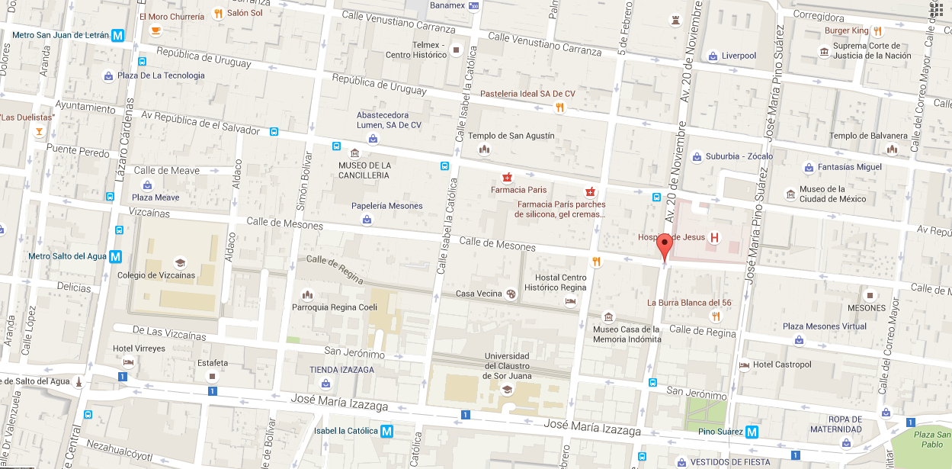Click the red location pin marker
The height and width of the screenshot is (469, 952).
click(x=665, y=248)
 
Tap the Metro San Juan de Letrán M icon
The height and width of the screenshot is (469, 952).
click(x=117, y=35)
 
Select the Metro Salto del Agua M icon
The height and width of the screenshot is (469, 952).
click(x=115, y=256)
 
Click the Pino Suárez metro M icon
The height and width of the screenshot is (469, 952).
click(x=752, y=432)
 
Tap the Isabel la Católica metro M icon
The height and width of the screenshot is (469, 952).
click(x=387, y=431)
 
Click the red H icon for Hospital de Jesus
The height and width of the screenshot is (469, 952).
click(x=714, y=237)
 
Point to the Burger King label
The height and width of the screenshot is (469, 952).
click(x=846, y=31)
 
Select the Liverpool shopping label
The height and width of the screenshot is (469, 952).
click(x=739, y=56)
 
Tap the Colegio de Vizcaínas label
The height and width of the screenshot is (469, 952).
click(x=155, y=275)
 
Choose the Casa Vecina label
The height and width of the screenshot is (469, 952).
click(x=479, y=294)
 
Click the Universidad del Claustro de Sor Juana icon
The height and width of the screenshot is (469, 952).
click(x=506, y=390)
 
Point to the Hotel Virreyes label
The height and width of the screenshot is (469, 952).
click(x=139, y=349)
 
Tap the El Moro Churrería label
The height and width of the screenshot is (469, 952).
click(x=171, y=16)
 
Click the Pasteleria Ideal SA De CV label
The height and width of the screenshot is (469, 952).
click(x=527, y=94)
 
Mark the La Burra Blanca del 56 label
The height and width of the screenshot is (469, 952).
click(x=689, y=303)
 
